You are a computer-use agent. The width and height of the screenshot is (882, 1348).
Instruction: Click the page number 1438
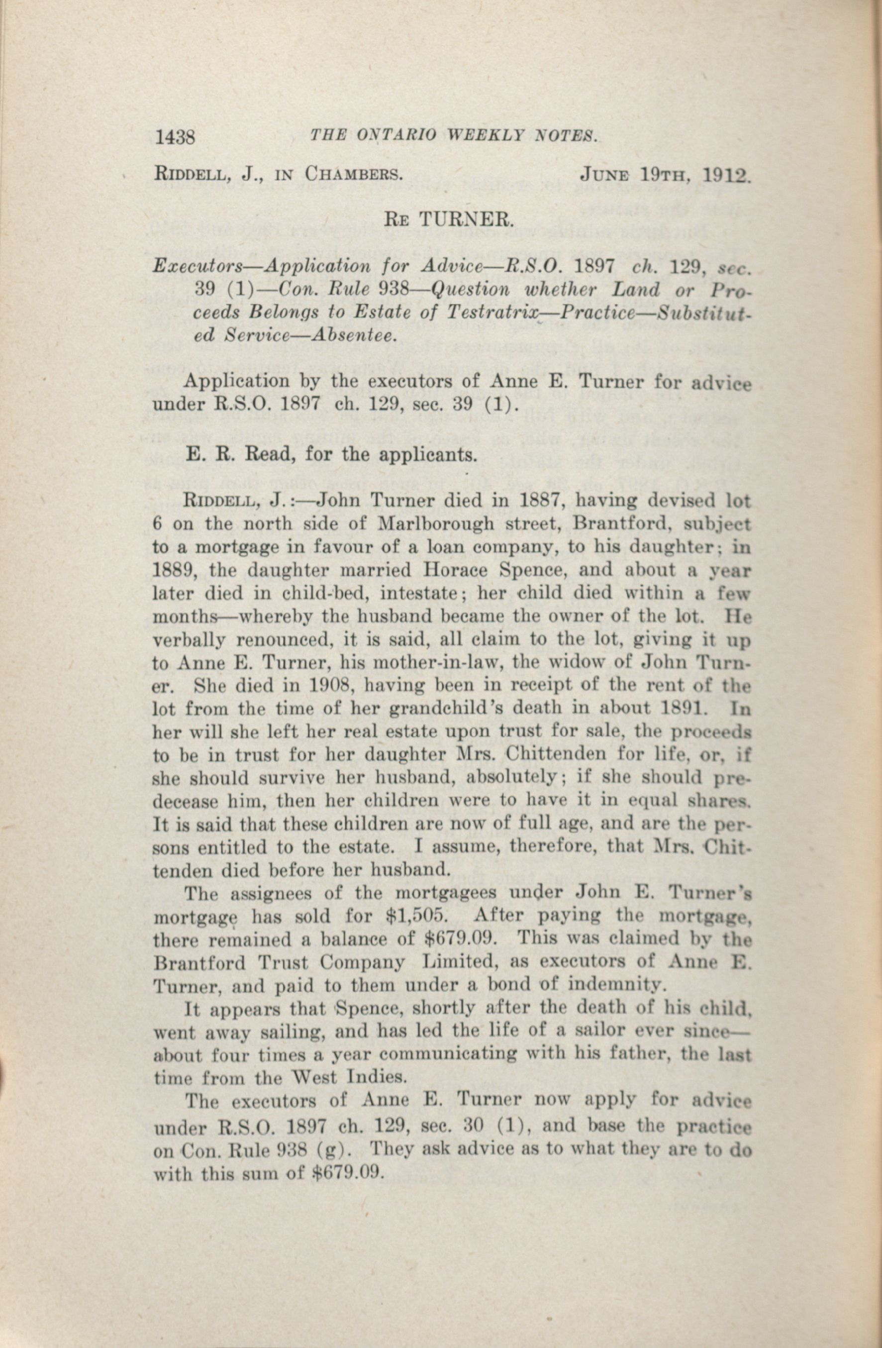175,137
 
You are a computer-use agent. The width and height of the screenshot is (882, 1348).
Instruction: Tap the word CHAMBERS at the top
354,173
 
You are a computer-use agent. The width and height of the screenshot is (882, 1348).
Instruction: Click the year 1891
693,709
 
